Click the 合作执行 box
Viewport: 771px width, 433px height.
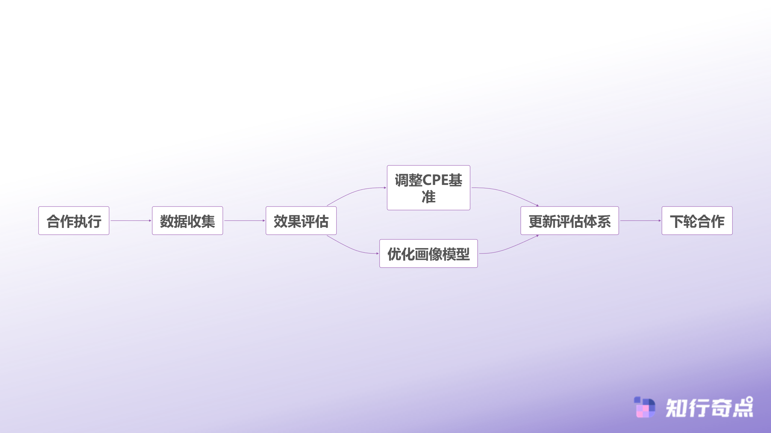[74, 221]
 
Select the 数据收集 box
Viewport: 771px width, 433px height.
[187, 221]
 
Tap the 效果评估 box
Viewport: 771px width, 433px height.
[301, 221]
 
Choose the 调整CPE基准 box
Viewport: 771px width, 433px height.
[428, 188]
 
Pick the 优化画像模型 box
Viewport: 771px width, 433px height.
[428, 253]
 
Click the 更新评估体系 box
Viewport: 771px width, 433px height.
[570, 221]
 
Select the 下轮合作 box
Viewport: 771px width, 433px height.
[697, 221]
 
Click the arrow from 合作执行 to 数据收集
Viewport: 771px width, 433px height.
[130, 221]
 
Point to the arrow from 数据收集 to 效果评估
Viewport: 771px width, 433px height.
[244, 221]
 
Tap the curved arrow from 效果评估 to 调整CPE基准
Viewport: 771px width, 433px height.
[355, 191]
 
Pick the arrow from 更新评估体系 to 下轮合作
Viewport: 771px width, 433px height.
[640, 221]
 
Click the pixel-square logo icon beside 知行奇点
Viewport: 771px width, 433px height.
[645, 407]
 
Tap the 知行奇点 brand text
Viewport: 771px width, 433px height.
[709, 408]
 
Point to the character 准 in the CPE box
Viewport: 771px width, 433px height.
[428, 197]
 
